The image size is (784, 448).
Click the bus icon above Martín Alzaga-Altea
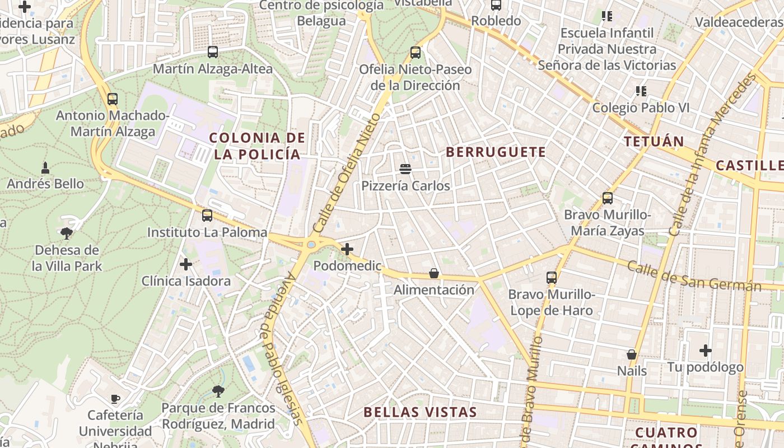[x=213, y=52]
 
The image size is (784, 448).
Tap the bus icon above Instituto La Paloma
[x=207, y=215]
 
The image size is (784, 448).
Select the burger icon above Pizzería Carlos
[x=405, y=169]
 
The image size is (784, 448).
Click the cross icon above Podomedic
[x=347, y=249]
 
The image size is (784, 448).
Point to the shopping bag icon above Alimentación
[x=434, y=273]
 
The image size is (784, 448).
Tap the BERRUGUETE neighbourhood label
[x=496, y=152]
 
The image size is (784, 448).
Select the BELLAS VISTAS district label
[x=420, y=412]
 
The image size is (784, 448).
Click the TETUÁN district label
[x=654, y=141]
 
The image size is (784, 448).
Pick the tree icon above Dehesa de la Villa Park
[x=67, y=233]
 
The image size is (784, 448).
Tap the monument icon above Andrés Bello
[x=45, y=167]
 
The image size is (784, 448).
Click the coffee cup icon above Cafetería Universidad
[x=115, y=399]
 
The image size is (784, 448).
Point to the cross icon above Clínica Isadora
[x=186, y=264]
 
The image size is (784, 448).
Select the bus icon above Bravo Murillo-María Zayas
[x=608, y=198]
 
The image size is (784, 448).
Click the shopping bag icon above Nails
[x=632, y=354]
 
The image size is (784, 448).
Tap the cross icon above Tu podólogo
[x=706, y=351]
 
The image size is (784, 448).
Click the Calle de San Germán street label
[x=694, y=276]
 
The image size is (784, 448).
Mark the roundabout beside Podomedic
[x=311, y=244]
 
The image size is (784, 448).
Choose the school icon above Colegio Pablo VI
[x=641, y=91]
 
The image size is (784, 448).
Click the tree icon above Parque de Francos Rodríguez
[x=218, y=391]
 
